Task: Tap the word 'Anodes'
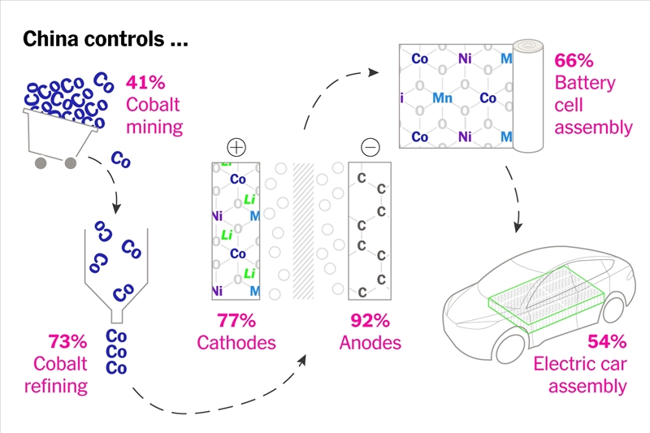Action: (370, 342)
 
